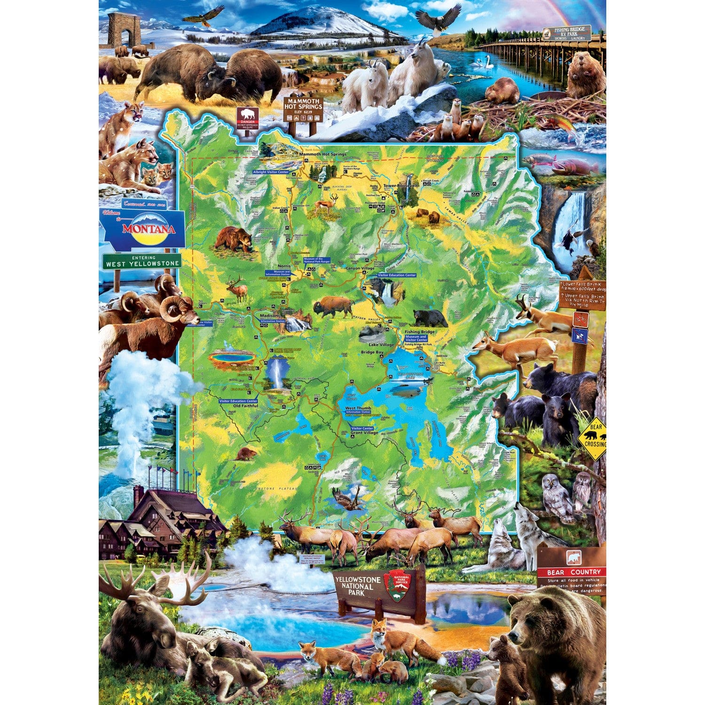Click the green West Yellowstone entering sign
(142, 261)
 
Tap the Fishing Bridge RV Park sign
(567, 33)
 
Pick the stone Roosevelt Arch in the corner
(124, 30)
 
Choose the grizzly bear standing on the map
(234, 238)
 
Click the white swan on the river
(484, 62)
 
